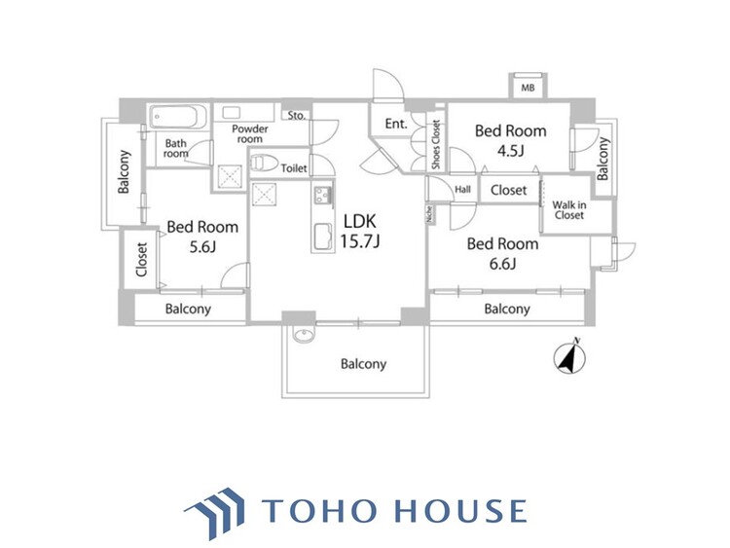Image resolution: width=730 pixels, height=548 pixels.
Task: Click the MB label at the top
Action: point(528,89)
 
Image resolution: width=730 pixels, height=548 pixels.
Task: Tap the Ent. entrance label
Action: point(395,124)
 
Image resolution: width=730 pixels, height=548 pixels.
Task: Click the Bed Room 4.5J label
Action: point(509,140)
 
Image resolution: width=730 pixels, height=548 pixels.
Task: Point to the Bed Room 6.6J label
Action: point(502,253)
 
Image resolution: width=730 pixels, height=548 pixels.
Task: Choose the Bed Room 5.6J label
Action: point(202,237)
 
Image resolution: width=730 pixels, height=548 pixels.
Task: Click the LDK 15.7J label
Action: point(357,230)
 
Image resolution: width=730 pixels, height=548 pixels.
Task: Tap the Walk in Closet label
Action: point(568,210)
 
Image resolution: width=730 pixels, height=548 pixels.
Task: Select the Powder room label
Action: point(249,134)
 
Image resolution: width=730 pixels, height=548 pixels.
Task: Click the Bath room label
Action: point(175,149)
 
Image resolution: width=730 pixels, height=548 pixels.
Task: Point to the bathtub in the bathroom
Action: point(178,118)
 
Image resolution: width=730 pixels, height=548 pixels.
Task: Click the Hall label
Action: point(462,189)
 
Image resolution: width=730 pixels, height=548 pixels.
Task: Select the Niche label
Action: point(428,213)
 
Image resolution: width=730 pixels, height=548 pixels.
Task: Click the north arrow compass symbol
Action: point(567,357)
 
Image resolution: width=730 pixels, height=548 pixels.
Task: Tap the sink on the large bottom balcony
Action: point(303,336)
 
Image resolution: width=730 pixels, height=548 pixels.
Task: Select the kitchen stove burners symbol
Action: point(321,198)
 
